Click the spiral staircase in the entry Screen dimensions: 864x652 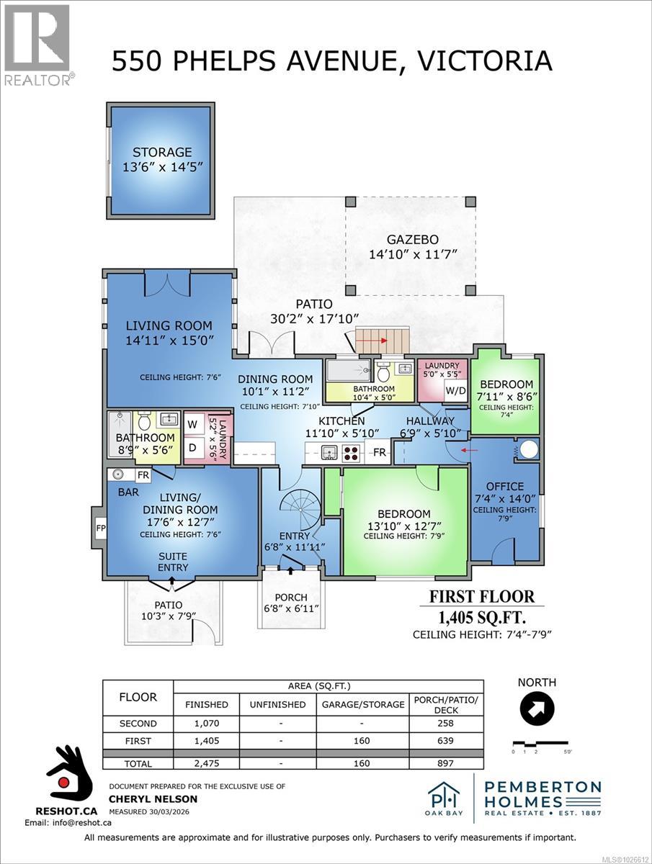(293, 508)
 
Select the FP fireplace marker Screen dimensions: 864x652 (99, 527)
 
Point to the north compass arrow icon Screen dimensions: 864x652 (537, 710)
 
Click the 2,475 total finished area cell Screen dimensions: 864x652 (207, 763)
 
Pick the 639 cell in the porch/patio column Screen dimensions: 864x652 (446, 739)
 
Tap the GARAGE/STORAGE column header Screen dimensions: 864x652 (362, 704)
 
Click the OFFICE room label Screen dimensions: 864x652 (504, 487)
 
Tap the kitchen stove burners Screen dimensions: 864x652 (352, 454)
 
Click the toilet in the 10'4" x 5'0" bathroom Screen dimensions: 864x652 (383, 374)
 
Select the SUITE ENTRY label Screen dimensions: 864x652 (173, 562)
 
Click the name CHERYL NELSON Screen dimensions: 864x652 (153, 798)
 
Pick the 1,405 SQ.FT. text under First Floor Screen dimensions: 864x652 (482, 617)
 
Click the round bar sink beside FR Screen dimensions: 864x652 (119, 475)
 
